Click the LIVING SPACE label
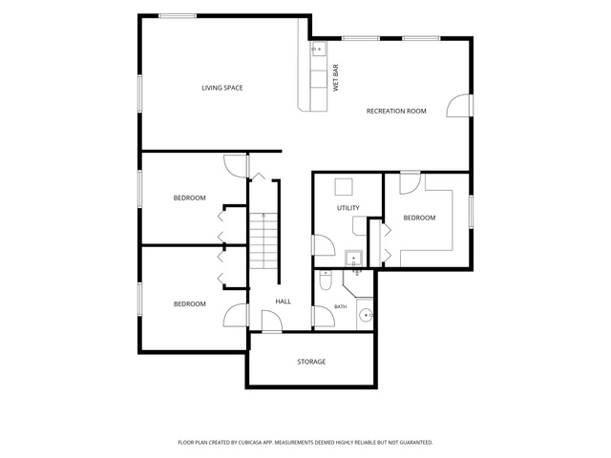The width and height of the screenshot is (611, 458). tap(222, 88)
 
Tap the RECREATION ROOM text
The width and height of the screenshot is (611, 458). tap(396, 111)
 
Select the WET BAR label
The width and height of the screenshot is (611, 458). tap(336, 78)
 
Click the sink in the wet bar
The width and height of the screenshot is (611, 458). tap(318, 50)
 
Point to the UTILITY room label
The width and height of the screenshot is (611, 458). tap(348, 208)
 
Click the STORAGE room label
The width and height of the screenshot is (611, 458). tap(311, 362)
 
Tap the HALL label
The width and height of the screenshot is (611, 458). tap(284, 302)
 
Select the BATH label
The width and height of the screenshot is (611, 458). tap(340, 307)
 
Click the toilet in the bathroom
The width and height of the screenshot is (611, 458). tap(326, 281)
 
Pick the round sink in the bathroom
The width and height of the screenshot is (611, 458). tap(366, 315)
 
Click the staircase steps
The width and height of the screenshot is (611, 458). tap(263, 241)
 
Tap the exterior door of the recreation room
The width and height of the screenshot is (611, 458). tap(460, 106)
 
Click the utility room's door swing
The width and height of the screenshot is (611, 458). tap(323, 245)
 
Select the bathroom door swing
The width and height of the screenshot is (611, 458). tap(323, 316)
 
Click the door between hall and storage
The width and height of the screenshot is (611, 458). tap(271, 322)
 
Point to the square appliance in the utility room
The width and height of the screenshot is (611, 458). tap(344, 187)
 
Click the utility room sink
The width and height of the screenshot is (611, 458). tap(353, 259)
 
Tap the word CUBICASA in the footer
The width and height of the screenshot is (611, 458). tap(255, 443)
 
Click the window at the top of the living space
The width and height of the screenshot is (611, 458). tap(178, 16)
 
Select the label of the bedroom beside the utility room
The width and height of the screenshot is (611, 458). tap(419, 218)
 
